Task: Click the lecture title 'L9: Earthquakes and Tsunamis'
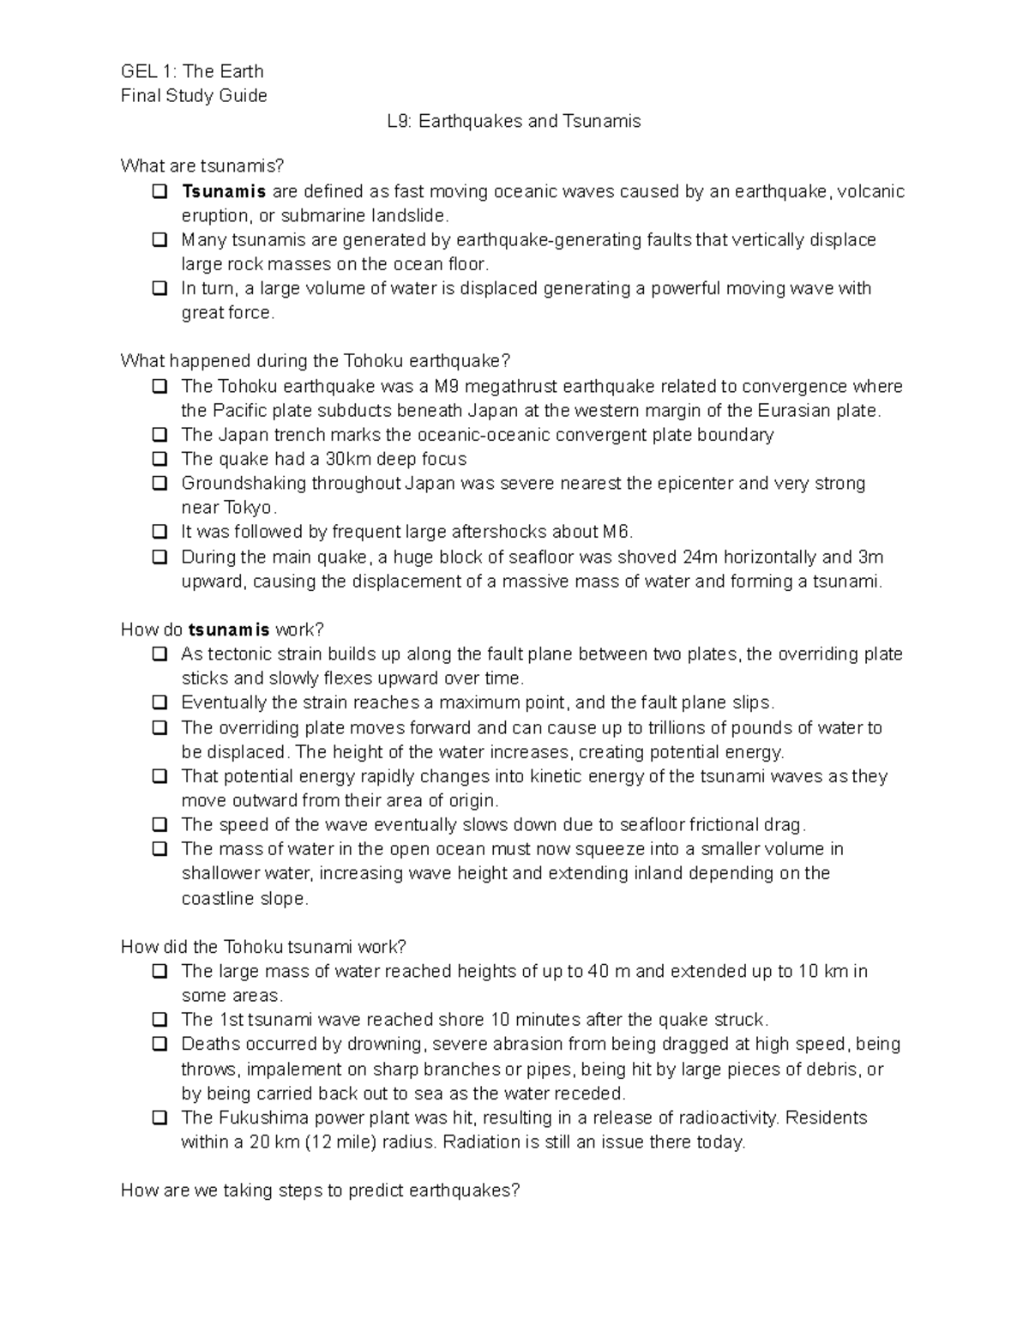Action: [514, 121]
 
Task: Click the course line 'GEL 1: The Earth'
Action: [192, 71]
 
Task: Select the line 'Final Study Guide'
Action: [194, 95]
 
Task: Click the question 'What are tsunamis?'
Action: [202, 165]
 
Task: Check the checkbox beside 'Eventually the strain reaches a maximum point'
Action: [159, 703]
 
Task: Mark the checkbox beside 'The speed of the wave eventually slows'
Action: [159, 825]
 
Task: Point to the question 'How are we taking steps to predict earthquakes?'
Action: [321, 1190]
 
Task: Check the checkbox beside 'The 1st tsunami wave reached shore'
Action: [159, 1020]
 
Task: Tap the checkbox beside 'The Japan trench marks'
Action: [159, 435]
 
